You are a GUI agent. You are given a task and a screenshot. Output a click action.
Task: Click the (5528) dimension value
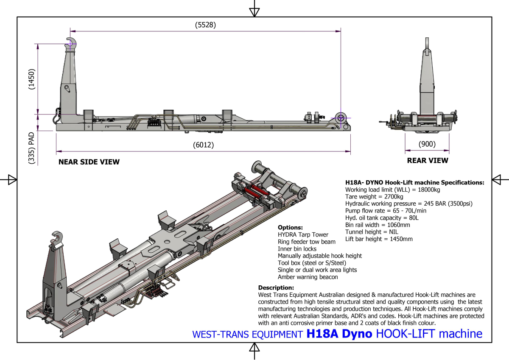coord(205,25)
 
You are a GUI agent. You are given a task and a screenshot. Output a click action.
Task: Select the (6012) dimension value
coord(203,145)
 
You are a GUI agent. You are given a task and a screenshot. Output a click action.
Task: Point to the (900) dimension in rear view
coord(427,144)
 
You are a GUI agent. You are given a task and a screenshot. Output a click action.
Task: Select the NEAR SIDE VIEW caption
coord(89,162)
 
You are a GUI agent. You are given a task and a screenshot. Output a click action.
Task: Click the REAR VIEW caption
coord(427,161)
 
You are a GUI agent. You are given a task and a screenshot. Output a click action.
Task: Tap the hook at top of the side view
coord(72,42)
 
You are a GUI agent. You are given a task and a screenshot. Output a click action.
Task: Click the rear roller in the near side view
coord(340,118)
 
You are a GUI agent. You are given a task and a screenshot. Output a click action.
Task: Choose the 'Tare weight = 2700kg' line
coord(374,197)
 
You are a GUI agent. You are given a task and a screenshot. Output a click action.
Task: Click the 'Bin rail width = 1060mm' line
coord(378,225)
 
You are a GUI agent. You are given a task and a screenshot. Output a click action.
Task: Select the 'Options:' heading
coord(290,228)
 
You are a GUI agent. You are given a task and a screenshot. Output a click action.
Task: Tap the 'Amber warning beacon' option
coord(308,277)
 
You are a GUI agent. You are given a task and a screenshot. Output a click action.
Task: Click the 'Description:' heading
coord(276,287)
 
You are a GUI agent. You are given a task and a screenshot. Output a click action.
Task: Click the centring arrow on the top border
coord(254,11)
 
